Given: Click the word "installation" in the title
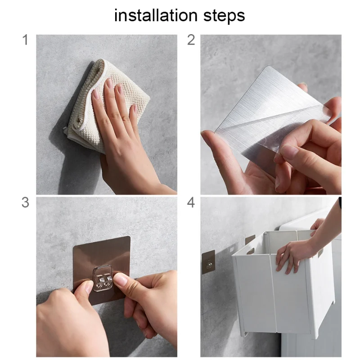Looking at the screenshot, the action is coord(156,15).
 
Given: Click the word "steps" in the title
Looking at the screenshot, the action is coord(224,16).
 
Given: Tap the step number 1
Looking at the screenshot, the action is coord(26,40).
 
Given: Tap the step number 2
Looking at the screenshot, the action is coord(191,40).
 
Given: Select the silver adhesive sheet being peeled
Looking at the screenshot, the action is coord(271,115).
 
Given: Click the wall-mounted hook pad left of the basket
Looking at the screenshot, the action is coord(208,262).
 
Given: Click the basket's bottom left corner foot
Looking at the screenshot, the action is coord(244,333).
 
